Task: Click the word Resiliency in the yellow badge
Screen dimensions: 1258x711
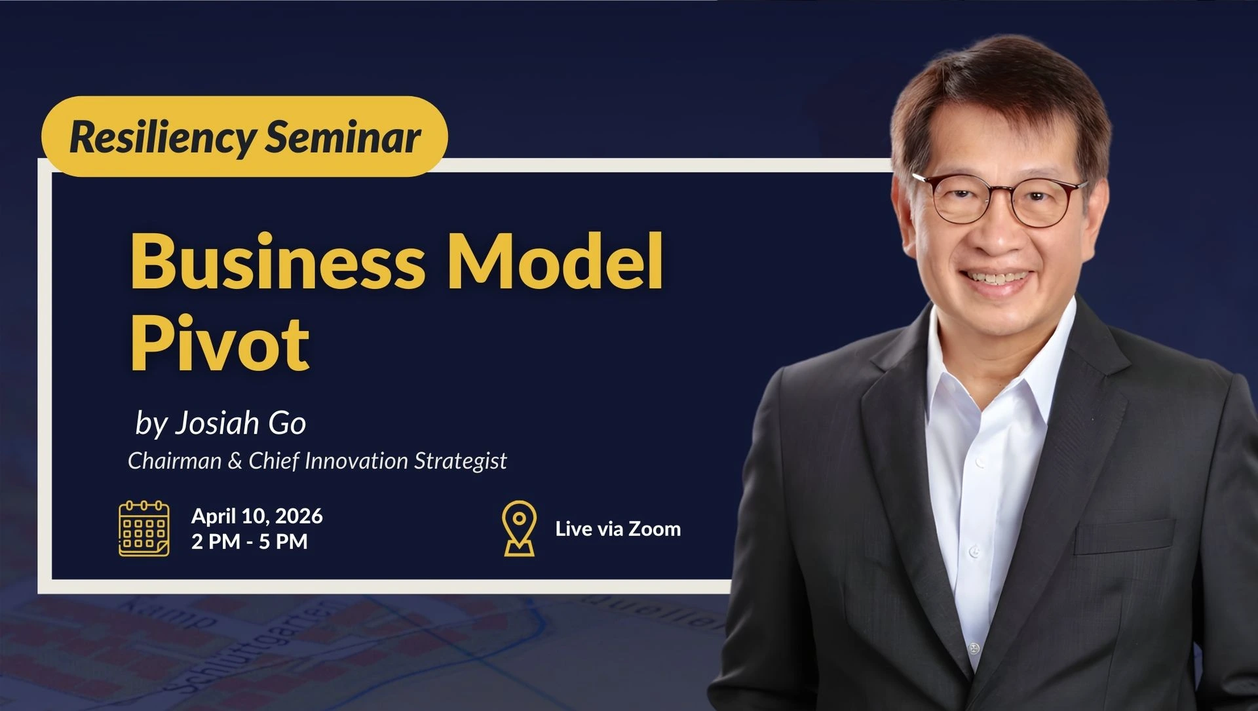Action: coord(162,138)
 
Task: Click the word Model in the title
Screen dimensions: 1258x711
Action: coord(554,260)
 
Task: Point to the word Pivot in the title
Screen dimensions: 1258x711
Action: coord(219,341)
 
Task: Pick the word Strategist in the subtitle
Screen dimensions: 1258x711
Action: coord(461,461)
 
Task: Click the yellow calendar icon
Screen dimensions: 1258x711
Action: coord(144,528)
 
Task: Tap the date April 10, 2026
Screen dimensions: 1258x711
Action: coord(257,516)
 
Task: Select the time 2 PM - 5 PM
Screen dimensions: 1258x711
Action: coord(250,541)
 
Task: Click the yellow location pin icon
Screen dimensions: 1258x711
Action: coord(519,529)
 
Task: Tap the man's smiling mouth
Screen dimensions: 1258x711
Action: coord(999,280)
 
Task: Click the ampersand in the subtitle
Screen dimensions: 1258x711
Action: coord(235,461)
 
